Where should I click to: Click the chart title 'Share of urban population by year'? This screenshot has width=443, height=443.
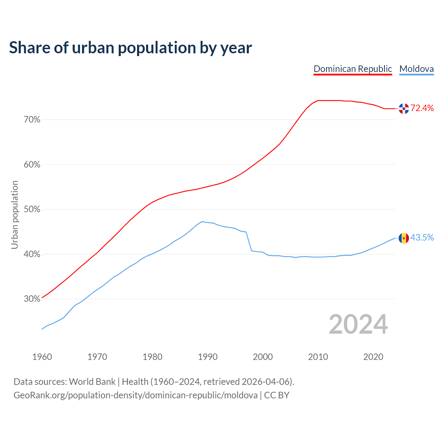click(130, 47)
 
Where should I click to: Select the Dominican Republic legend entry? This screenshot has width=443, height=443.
click(353, 69)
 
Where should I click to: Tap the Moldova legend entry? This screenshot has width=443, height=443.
click(416, 69)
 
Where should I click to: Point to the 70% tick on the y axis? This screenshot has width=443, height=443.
click(32, 120)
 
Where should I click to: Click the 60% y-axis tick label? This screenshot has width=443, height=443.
click(32, 164)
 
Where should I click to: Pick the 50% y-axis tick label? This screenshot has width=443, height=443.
click(32, 209)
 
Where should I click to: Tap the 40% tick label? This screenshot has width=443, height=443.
click(32, 254)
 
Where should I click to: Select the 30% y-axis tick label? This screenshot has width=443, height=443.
click(32, 299)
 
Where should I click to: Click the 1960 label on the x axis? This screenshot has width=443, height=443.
click(42, 357)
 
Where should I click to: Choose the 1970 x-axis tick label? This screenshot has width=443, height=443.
click(97, 357)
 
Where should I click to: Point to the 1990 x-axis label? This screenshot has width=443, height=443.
click(208, 357)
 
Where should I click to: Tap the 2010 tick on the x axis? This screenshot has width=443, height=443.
click(318, 357)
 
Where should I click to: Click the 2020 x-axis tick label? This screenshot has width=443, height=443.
click(373, 357)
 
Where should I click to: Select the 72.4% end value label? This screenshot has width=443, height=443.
click(422, 108)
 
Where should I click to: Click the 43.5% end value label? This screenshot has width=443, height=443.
click(422, 238)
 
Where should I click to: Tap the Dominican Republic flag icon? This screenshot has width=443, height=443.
click(404, 109)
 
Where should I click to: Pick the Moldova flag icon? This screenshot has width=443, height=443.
click(404, 238)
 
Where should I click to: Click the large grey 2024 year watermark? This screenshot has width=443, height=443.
click(358, 324)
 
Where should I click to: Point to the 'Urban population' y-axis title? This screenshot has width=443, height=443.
click(15, 215)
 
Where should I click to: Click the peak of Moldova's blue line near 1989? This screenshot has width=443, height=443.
click(202, 221)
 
